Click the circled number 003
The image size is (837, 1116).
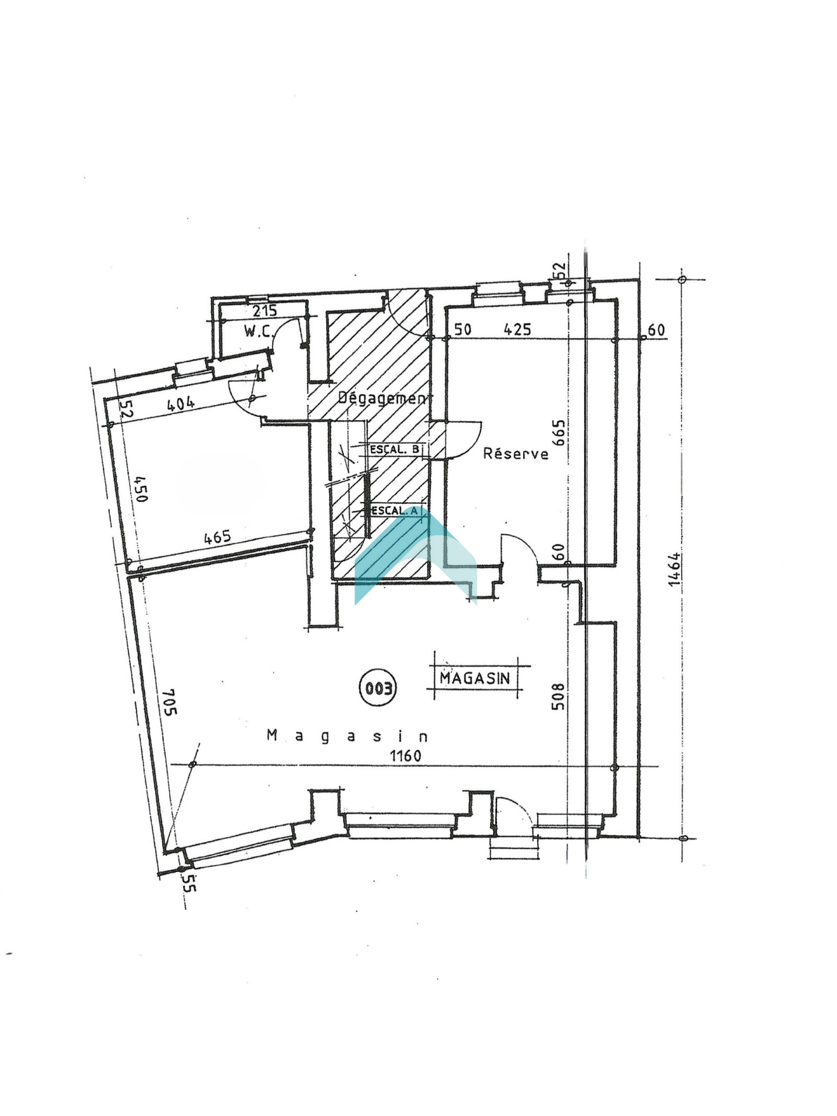tap(378, 688)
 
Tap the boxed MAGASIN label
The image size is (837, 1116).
tap(475, 678)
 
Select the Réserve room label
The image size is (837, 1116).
tap(516, 453)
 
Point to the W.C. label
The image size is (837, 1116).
tap(258, 331)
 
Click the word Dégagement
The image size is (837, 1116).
tap(385, 398)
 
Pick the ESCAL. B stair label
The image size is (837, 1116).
tap(395, 449)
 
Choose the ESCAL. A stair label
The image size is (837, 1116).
tap(395, 510)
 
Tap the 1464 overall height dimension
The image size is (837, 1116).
tap(674, 570)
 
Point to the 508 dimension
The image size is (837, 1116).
tap(557, 696)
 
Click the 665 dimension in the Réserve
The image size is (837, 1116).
tap(558, 432)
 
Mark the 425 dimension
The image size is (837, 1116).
tap(517, 330)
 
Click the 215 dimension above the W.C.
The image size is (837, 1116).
tap(264, 310)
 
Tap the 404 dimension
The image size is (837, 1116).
tap(181, 403)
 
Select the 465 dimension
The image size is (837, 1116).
tap(217, 536)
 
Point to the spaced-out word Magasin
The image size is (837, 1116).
tap(348, 736)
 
